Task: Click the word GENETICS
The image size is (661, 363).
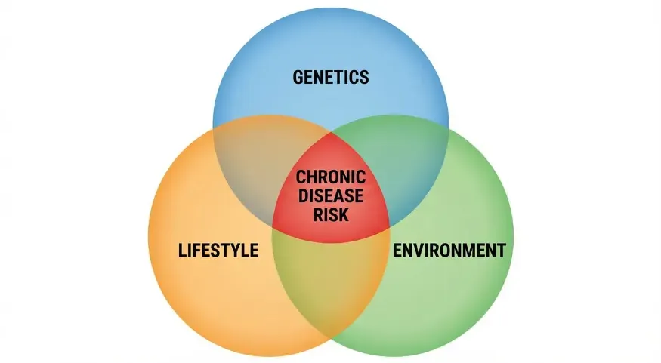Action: click(x=331, y=76)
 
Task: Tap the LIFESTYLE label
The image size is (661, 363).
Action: click(x=218, y=250)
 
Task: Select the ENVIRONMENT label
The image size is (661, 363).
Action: click(x=449, y=250)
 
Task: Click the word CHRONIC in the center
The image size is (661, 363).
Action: click(x=331, y=177)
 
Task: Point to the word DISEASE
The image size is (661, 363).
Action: click(x=331, y=196)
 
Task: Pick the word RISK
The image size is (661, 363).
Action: click(x=331, y=215)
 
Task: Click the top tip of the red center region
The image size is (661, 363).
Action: click(x=331, y=132)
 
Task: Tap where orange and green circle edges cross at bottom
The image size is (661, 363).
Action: click(x=331, y=337)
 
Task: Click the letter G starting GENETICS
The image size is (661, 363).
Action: click(x=298, y=76)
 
